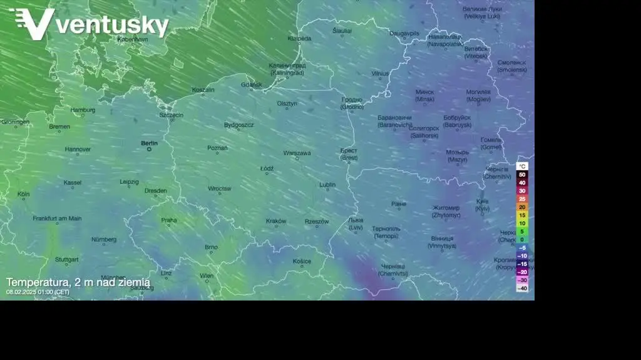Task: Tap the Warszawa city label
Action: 297,153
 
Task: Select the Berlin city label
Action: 149,143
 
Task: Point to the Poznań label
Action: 217,148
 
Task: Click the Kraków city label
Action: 275,221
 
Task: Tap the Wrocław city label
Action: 220,188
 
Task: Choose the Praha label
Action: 168,220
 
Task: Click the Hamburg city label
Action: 83,110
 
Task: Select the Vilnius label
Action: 380,73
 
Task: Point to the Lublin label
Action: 327,185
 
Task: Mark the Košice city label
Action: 302,262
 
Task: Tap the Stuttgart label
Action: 66,259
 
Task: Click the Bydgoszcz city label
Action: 238,125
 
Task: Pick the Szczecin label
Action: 171,115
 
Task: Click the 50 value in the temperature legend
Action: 522,175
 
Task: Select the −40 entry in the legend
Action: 521,288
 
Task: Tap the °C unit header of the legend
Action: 522,167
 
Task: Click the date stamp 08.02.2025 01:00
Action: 38,292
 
